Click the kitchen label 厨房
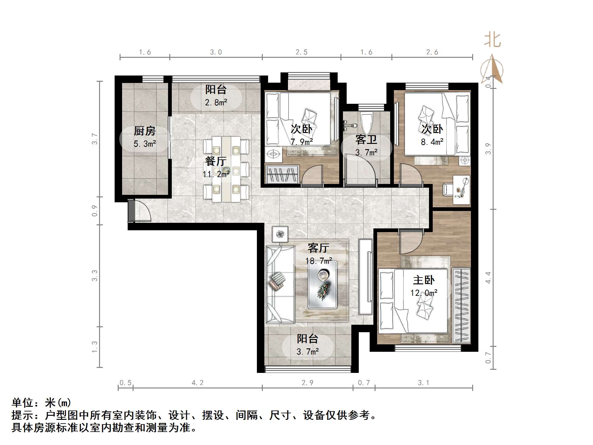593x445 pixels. coord(144,131)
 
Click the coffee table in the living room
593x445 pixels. coord(322,284)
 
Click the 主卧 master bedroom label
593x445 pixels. coord(424,280)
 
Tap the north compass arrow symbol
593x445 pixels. coord(492,69)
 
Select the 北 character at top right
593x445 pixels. coord(492,40)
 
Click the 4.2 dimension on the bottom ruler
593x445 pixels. coord(198,383)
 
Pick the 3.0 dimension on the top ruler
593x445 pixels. coord(216,52)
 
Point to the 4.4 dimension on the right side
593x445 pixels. coord(488,277)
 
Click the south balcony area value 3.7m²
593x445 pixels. coord(308,351)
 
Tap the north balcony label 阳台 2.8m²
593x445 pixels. coord(216,95)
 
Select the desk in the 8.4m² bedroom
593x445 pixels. coord(461,190)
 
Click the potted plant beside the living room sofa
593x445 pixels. coord(280,234)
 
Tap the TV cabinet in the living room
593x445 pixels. coord(365,277)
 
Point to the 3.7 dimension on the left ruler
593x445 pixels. coord(94,139)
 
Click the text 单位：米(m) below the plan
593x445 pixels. coord(41,403)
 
